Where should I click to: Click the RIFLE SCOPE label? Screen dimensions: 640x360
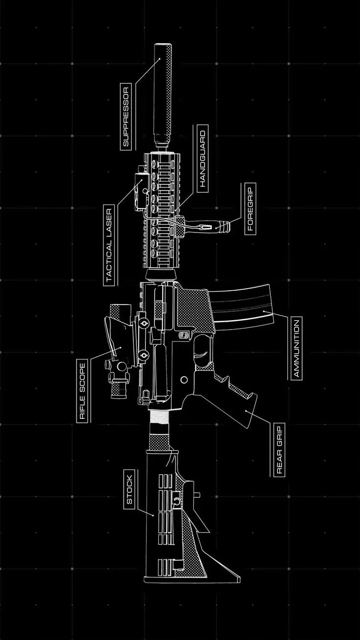[82, 390]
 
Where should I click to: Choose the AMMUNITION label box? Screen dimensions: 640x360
[296, 348]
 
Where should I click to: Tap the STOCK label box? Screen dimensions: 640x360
[129, 490]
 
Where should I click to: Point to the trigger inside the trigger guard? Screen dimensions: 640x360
[201, 349]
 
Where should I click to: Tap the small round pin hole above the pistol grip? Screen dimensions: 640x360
[184, 380]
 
